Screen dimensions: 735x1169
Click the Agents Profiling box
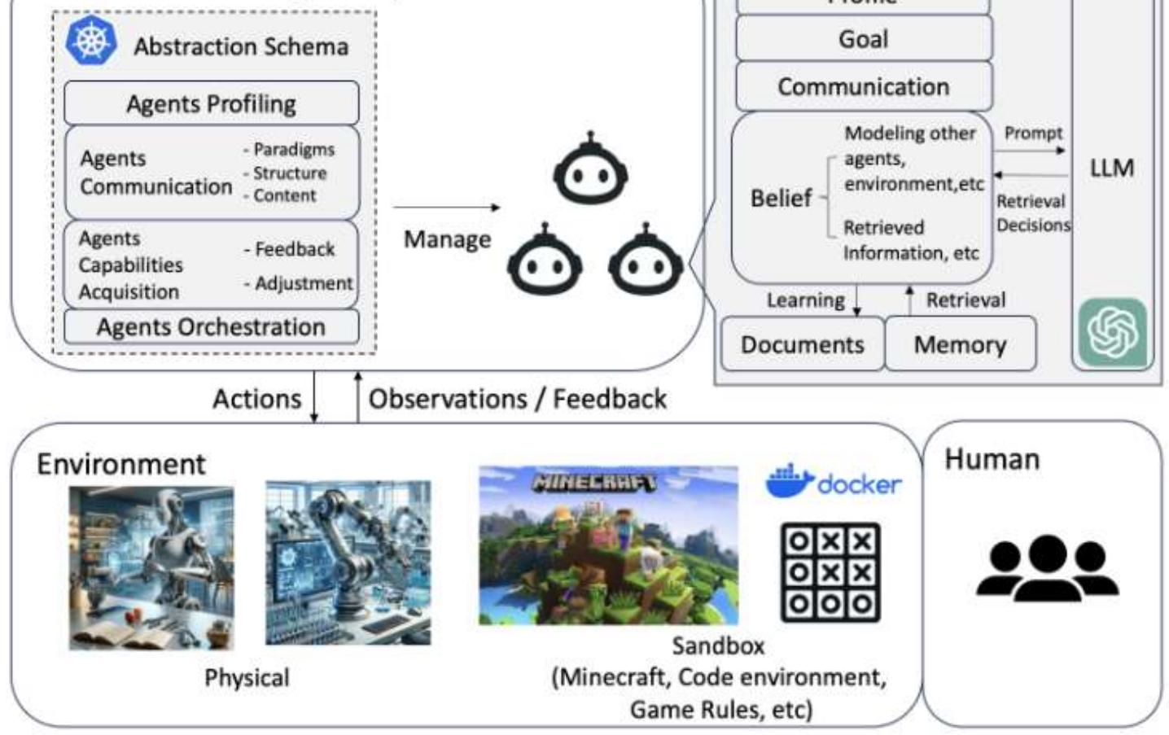coord(211,103)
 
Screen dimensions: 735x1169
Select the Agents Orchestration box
coord(211,327)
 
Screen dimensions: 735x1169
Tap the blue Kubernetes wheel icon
coord(91,42)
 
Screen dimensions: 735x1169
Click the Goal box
coord(863,38)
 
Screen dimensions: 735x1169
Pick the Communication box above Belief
coord(863,86)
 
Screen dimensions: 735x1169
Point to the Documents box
coord(802,344)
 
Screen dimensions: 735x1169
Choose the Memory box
coord(960,344)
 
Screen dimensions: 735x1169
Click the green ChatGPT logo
coord(1112,332)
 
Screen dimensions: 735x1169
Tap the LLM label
coord(1111,168)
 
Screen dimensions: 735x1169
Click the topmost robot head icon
coord(590,169)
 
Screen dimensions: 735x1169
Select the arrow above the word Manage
coord(446,208)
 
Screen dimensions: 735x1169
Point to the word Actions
coord(256,399)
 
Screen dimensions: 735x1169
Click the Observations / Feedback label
coord(518,399)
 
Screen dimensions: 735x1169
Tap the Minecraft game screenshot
coord(608,545)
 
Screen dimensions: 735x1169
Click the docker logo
coord(833,482)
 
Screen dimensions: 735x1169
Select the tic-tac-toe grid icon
coord(830,572)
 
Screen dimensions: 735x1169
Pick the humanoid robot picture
coord(151,567)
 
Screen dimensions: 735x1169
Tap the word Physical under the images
coord(247,677)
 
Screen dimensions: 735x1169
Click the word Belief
coord(781,198)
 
